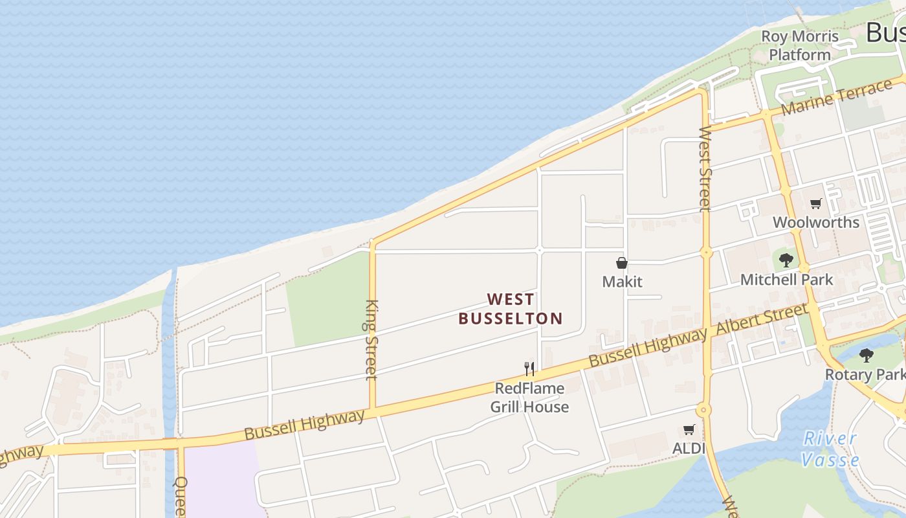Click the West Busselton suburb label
[x=511, y=309]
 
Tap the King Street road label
[x=371, y=339]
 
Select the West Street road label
[x=705, y=168]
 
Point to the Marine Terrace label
[x=837, y=98]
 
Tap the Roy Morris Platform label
[x=799, y=45]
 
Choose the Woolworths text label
[x=815, y=222]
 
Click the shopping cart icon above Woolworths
[x=816, y=204]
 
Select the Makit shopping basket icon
[x=621, y=263]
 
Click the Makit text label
[x=622, y=282]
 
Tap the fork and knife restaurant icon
[x=529, y=369]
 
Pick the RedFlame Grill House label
[x=529, y=398]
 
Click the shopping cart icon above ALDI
[x=689, y=430]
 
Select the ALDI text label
[x=689, y=448]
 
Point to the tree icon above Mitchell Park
[x=786, y=260]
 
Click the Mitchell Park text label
[x=786, y=280]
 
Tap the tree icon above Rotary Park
[x=866, y=355]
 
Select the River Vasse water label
[x=830, y=449]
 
